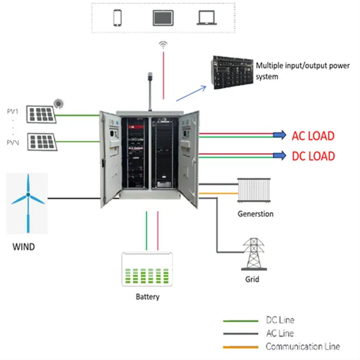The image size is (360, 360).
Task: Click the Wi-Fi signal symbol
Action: click(163, 45)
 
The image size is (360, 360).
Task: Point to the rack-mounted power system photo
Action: click(229, 71)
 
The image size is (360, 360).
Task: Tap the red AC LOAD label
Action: click(313, 136)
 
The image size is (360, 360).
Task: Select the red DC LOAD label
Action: click(313, 156)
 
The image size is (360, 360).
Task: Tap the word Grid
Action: click(253, 279)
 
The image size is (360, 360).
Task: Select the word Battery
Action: click(147, 297)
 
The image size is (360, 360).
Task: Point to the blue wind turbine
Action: click(27, 200)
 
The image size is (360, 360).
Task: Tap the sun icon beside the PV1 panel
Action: click(58, 103)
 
